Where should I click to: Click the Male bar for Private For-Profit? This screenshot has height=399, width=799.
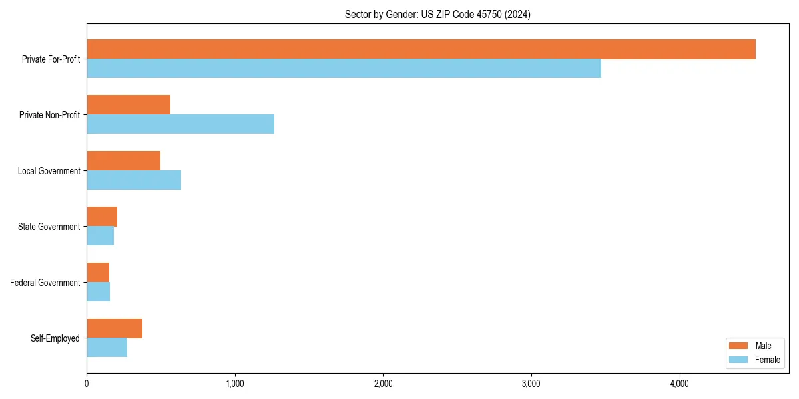tap(421, 49)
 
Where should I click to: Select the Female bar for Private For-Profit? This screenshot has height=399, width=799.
tap(344, 68)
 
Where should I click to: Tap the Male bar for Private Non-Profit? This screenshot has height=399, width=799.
tap(129, 105)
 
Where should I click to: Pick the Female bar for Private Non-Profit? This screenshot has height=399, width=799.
tap(180, 124)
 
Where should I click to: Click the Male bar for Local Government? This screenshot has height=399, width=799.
tap(123, 161)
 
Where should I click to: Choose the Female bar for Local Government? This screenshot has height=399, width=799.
tap(134, 180)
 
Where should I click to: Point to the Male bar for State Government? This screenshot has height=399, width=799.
tap(102, 217)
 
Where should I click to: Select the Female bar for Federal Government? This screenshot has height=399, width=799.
tap(98, 292)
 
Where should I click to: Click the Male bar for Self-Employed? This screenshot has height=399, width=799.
tap(115, 329)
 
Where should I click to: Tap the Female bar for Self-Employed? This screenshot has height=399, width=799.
tap(107, 348)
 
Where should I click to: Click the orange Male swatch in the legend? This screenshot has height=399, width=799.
tap(739, 346)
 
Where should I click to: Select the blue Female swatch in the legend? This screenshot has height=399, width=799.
tap(739, 360)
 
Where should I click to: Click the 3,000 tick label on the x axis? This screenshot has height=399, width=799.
tap(531, 384)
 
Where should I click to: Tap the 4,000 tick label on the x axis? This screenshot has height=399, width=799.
tap(679, 384)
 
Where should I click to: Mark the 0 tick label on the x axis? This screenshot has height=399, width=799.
tap(87, 384)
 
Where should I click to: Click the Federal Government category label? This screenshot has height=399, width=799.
tap(45, 283)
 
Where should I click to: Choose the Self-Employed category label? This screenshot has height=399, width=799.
tap(55, 338)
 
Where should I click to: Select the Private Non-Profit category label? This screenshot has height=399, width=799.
tap(49, 115)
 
